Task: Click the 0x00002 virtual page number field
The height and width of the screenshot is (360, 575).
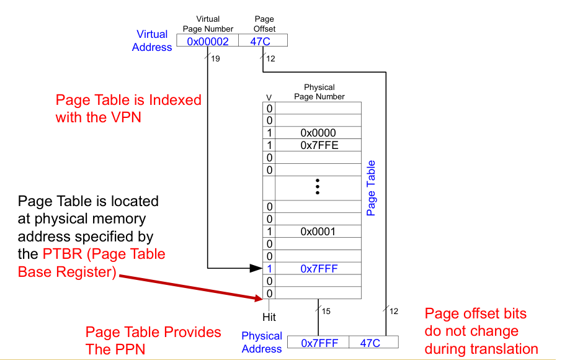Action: click(x=208, y=41)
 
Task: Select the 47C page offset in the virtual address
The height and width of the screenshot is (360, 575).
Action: click(x=262, y=41)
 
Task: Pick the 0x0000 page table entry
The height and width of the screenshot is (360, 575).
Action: click(x=318, y=133)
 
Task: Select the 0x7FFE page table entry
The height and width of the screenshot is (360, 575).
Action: click(x=318, y=145)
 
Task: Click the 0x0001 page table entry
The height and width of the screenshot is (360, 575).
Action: click(x=318, y=232)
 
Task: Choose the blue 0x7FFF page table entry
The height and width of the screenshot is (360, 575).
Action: click(x=318, y=269)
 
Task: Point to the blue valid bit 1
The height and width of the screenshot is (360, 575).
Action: click(x=269, y=269)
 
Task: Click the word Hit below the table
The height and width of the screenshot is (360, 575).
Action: click(x=269, y=317)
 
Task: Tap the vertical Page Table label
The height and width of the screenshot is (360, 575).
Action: click(x=371, y=188)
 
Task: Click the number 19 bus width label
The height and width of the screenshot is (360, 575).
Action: click(x=215, y=59)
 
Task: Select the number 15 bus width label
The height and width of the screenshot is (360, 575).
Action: click(x=326, y=311)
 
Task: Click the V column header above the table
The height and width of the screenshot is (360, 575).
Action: click(x=269, y=97)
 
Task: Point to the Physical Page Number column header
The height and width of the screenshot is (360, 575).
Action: click(x=319, y=92)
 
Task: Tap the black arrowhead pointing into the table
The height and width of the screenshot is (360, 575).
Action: click(x=256, y=269)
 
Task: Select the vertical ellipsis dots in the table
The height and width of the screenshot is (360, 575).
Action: click(x=317, y=186)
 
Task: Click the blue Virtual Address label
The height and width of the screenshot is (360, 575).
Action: click(x=152, y=41)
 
